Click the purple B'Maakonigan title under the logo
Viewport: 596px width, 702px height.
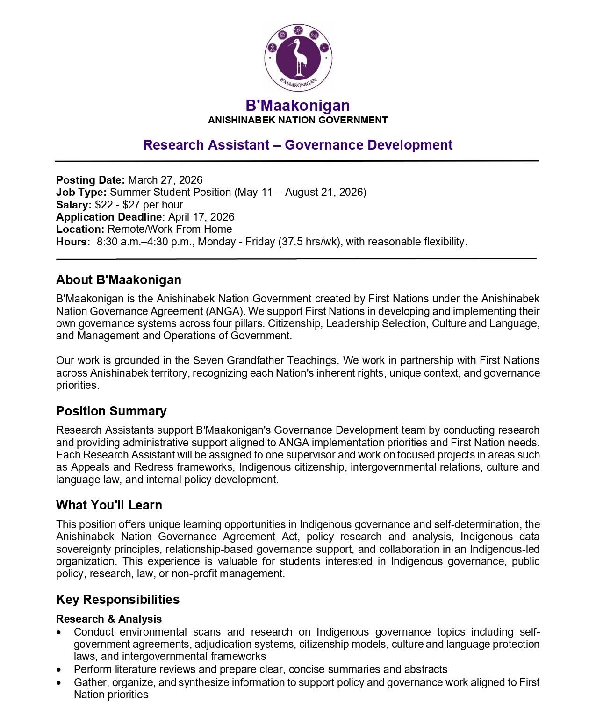298,106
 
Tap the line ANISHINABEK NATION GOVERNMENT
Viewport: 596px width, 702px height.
298,120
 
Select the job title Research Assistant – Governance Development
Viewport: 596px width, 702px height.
298,145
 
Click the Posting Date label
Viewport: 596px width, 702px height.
90,180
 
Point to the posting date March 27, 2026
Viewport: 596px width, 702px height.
165,180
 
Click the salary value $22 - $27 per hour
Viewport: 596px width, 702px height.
139,205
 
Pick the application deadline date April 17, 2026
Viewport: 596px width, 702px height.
201,217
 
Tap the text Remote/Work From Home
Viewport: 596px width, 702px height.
170,229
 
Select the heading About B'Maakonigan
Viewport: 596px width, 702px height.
119,280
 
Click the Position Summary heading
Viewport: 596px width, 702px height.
111,411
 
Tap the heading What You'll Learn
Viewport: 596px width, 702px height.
109,505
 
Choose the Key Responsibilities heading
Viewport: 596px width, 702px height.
118,600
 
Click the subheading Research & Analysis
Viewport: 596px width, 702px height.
109,619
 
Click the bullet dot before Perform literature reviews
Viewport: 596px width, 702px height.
58,670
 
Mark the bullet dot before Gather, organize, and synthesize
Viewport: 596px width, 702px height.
58,683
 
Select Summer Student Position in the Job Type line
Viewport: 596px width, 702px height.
170,192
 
